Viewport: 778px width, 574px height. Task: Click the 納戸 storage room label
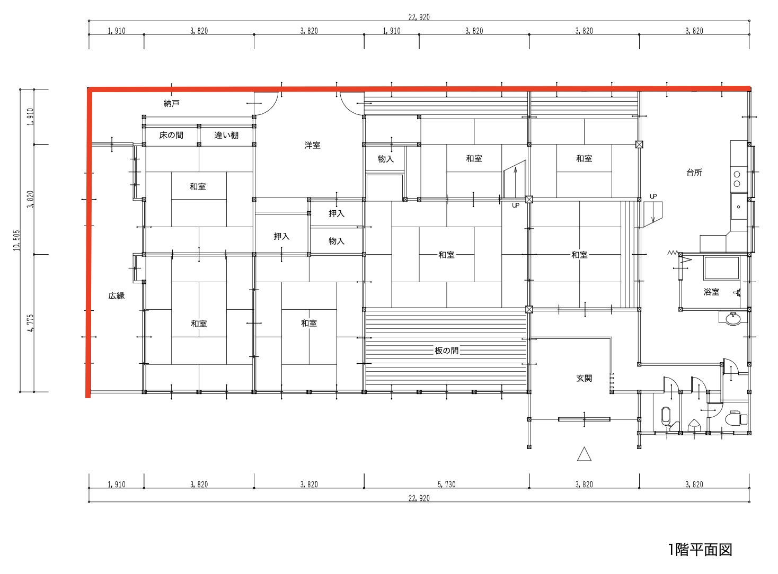click(x=171, y=103)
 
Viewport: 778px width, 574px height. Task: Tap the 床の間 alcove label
click(x=171, y=135)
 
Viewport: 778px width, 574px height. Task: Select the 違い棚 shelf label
click(x=226, y=135)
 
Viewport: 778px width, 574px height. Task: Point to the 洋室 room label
click(x=312, y=145)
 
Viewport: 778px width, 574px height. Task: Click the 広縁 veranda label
click(x=117, y=296)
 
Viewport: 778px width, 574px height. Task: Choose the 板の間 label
click(x=447, y=351)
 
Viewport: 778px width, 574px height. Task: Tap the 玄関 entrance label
click(x=584, y=378)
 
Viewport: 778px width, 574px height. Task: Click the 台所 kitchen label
click(x=694, y=172)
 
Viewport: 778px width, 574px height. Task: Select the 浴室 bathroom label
click(x=711, y=292)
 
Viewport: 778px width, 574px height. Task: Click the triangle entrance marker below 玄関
click(x=584, y=454)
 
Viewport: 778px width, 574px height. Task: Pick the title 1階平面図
click(x=700, y=550)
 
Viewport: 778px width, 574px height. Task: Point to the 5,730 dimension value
click(x=447, y=485)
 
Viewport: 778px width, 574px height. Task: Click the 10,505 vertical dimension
click(x=17, y=240)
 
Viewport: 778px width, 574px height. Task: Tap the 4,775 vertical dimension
click(x=31, y=323)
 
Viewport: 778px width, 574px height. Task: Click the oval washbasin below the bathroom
click(x=733, y=319)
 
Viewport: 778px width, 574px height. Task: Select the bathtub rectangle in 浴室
click(x=721, y=268)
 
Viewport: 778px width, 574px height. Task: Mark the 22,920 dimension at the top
click(x=419, y=17)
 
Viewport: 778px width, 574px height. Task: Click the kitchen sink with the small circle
click(x=738, y=207)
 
